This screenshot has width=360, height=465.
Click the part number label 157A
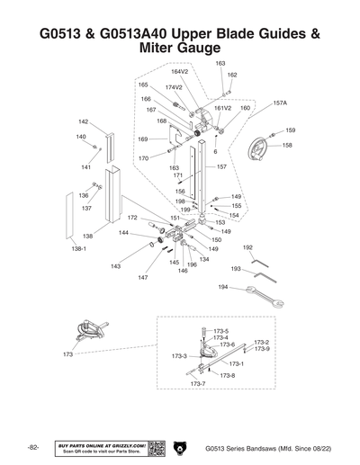click(x=280, y=103)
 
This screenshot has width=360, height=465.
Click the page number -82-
click(x=32, y=447)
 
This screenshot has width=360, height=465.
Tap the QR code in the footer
click(x=155, y=447)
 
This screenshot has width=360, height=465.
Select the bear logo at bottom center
click(x=180, y=447)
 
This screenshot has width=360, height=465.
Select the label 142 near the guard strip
click(x=83, y=121)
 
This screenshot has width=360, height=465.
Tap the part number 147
click(x=142, y=278)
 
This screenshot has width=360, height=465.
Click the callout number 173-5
click(x=220, y=332)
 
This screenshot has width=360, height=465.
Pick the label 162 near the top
click(x=231, y=76)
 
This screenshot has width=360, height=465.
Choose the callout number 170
click(x=143, y=158)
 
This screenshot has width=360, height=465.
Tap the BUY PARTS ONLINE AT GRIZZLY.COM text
click(x=101, y=444)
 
